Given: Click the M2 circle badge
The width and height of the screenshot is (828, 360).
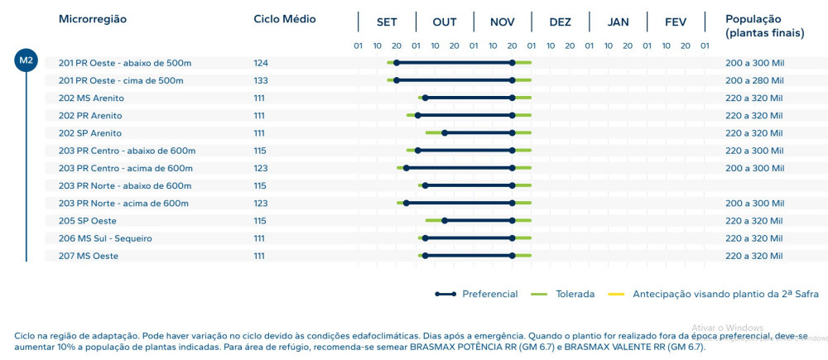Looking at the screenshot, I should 26,60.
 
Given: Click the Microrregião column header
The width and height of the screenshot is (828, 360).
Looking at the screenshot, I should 93,19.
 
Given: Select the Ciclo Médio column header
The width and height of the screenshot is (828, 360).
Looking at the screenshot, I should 284,19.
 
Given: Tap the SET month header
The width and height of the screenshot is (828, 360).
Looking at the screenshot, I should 387,22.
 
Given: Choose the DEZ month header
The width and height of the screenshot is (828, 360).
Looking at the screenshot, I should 561,22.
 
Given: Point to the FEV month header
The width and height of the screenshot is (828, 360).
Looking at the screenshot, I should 676,22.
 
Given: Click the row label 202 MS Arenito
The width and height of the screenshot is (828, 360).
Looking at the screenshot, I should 91,98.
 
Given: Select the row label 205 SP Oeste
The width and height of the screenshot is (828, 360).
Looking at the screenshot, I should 87,221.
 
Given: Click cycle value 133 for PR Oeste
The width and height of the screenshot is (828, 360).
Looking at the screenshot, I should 260,80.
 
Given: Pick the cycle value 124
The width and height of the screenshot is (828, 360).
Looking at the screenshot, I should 260,63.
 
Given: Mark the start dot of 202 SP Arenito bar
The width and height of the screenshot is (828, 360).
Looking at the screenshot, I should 445,133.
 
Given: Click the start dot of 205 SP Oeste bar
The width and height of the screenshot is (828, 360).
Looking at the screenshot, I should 445,221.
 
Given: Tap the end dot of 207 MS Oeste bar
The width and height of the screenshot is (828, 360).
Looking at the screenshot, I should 513,256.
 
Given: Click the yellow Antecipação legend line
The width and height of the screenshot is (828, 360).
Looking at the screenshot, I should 616,294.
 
